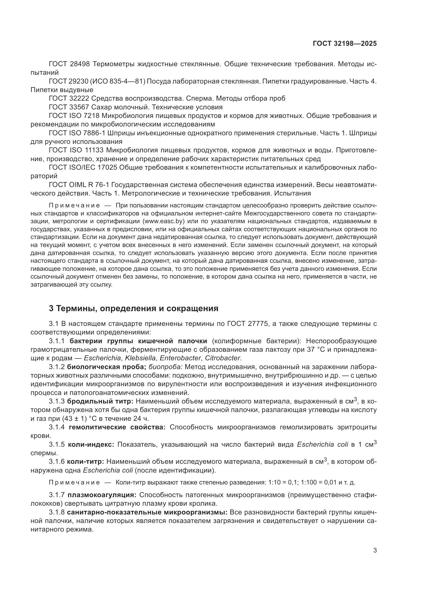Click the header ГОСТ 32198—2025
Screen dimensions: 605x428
344,44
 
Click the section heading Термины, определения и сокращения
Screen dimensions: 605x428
134,308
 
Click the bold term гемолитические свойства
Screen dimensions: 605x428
117,427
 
